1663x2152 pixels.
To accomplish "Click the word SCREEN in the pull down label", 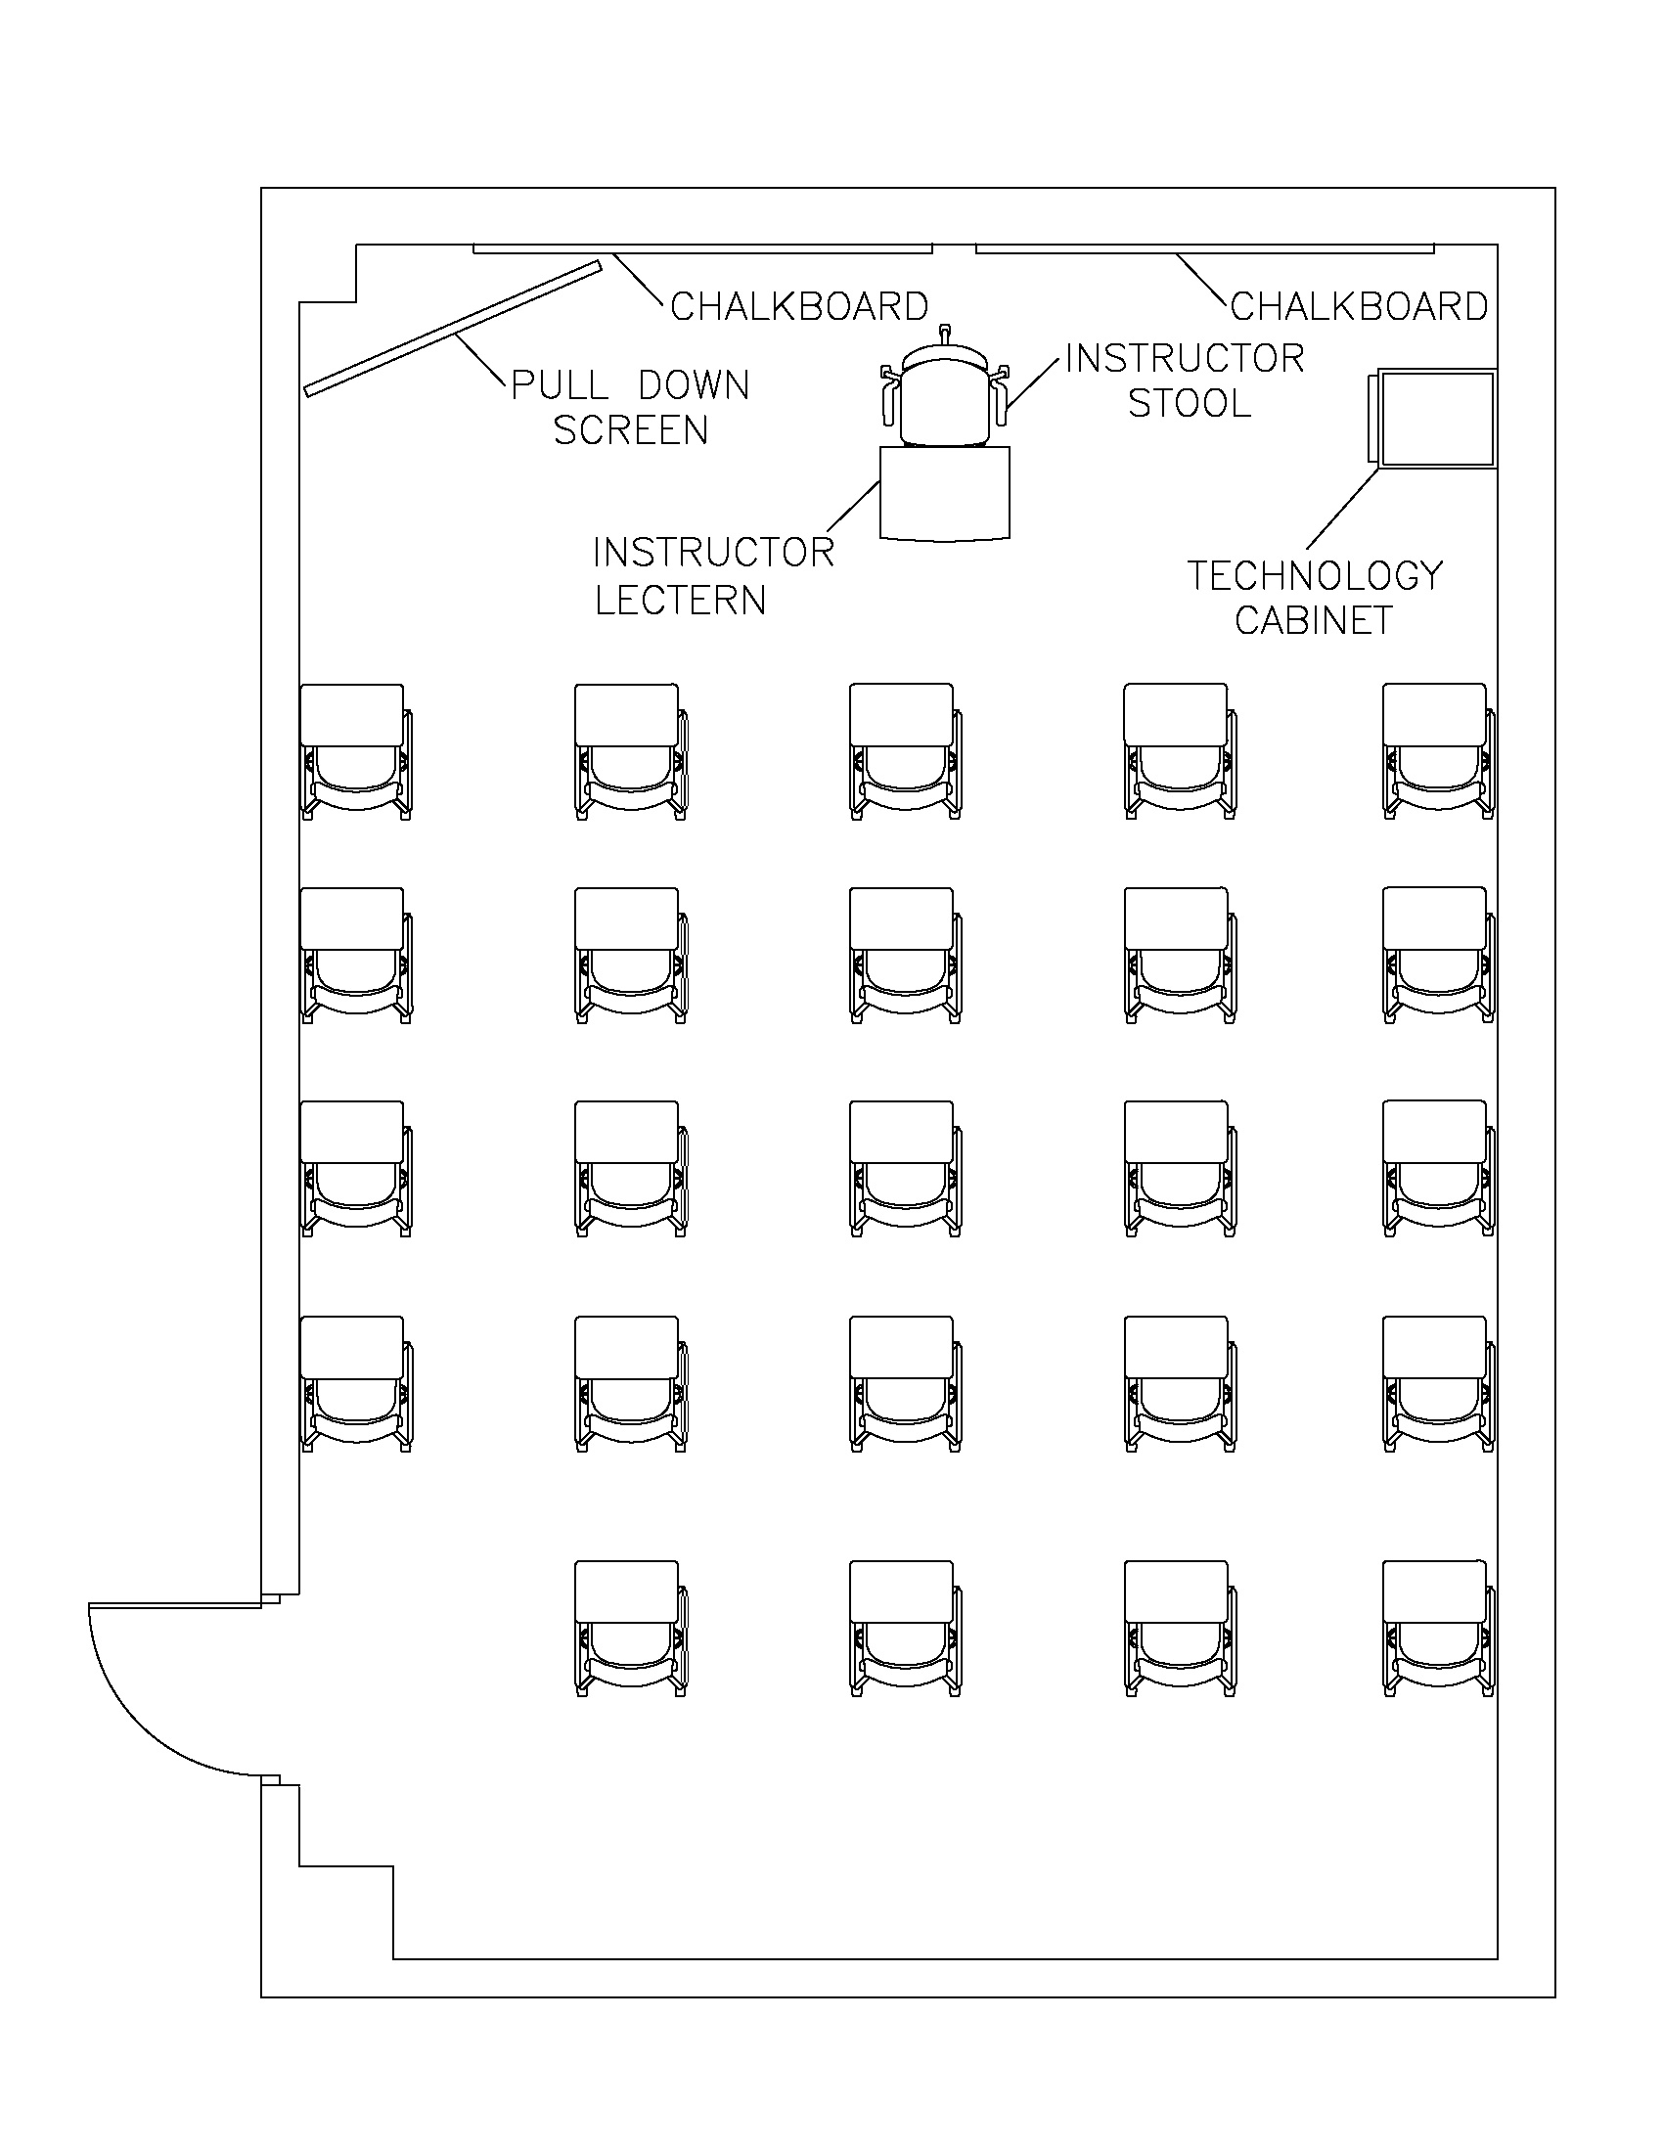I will (631, 430).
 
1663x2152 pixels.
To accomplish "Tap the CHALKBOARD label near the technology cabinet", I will (1359, 306).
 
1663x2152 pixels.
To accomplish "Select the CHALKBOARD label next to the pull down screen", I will (799, 306).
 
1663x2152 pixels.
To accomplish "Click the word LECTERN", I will (680, 600).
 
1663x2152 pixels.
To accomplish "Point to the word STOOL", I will (1190, 403).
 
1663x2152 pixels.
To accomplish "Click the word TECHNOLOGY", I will (1314, 575).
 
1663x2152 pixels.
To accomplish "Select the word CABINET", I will (1313, 621).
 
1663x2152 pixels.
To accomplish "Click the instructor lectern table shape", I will (944, 493).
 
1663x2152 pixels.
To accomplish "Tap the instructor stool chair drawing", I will (944, 399).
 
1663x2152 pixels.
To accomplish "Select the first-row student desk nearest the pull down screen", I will (355, 751).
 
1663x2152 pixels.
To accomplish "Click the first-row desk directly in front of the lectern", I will (905, 751).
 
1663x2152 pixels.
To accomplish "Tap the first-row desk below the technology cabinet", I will (1437, 751).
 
